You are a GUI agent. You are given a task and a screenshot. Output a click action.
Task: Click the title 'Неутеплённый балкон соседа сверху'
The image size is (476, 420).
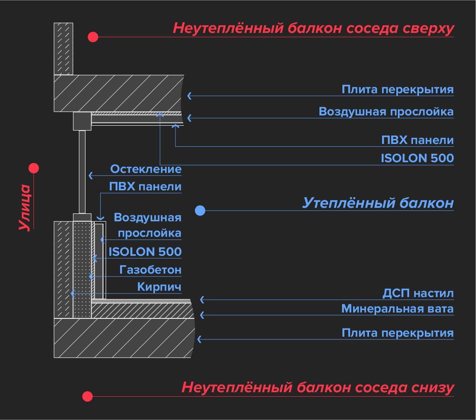click(x=313, y=29)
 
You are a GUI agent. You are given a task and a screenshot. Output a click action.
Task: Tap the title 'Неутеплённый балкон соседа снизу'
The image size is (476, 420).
click(x=317, y=387)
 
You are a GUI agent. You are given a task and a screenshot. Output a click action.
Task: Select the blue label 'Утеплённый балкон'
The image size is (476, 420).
click(x=378, y=203)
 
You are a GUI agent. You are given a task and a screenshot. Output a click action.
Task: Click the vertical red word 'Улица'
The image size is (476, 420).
click(x=25, y=207)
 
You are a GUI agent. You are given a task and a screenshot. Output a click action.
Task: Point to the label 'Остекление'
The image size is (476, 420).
click(x=146, y=169)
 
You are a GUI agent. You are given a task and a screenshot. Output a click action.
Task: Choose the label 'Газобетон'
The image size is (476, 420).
click(x=151, y=270)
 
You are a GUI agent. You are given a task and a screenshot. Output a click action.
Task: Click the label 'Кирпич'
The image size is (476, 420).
click(x=159, y=287)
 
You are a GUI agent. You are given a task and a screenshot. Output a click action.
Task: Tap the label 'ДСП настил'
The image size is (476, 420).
click(x=418, y=294)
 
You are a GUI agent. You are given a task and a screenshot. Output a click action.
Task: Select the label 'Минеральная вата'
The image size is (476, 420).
click(x=398, y=309)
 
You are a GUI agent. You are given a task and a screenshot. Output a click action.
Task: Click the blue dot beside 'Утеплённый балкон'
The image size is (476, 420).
click(x=201, y=210)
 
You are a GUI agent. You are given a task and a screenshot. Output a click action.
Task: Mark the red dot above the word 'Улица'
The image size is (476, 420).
click(x=34, y=168)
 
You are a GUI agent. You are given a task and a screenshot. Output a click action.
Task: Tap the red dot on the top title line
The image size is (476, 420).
click(x=93, y=37)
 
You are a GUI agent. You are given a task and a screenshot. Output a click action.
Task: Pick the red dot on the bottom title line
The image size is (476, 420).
click(x=87, y=396)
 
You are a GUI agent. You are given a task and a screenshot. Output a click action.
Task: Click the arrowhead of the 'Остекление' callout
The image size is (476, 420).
click(x=90, y=175)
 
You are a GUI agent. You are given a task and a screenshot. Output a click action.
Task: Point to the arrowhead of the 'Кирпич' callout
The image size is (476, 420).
click(x=72, y=293)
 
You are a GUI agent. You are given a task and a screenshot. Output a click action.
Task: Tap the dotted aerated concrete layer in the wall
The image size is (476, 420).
click(x=82, y=270)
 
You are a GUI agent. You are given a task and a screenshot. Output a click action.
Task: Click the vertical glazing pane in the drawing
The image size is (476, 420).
click(x=82, y=171)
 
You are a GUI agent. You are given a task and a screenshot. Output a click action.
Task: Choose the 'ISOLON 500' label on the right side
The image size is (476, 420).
click(x=417, y=158)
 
